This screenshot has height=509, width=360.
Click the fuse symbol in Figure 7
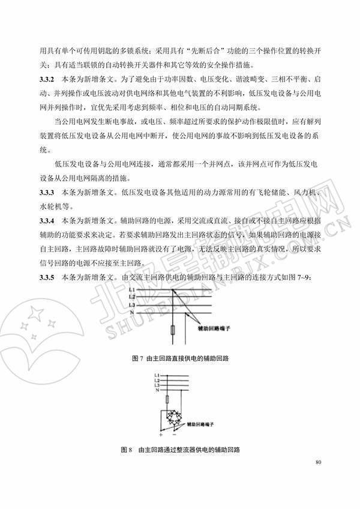(x=173, y=331)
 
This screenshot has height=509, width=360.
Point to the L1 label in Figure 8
(x=157, y=375)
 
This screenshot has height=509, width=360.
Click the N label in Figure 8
(x=157, y=391)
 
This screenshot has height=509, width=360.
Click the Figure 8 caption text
(x=180, y=450)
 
